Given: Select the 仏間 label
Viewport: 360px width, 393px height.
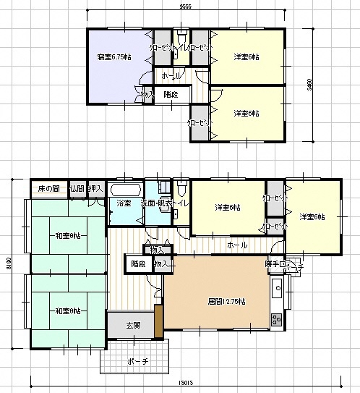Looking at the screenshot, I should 76,188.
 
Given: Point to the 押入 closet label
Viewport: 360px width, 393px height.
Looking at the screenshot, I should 95,188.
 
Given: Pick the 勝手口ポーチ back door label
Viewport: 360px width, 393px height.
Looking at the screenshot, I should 283,264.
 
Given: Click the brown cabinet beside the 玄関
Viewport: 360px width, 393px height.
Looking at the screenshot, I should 158,321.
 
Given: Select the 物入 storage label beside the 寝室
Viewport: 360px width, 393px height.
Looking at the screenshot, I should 147,94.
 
